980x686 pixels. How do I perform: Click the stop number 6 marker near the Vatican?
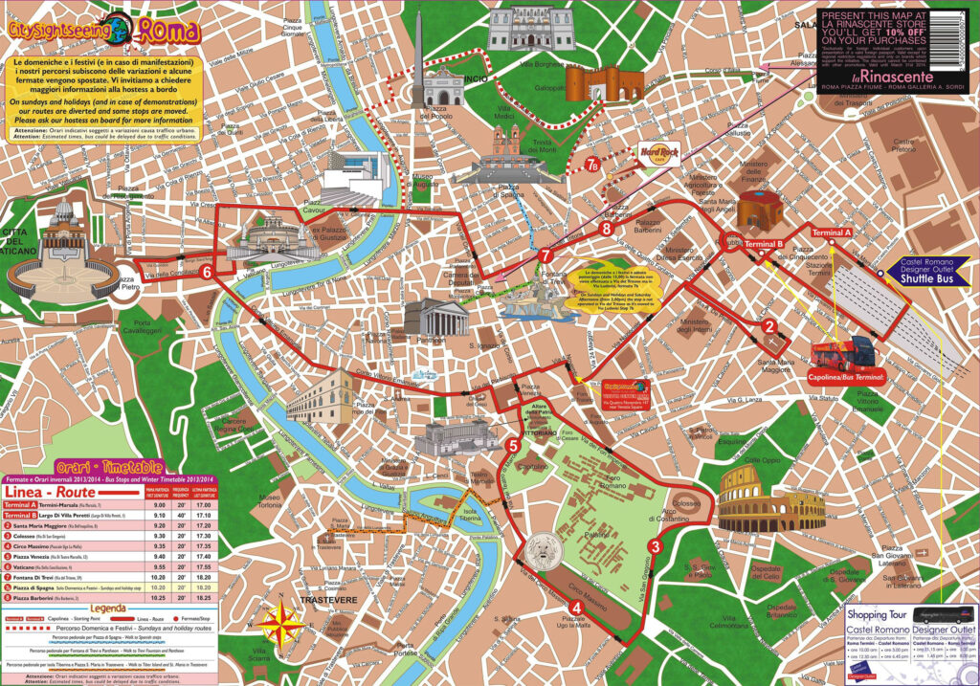[207, 272]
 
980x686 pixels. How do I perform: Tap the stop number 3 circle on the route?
[655, 546]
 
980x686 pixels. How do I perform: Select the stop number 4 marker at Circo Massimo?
[575, 607]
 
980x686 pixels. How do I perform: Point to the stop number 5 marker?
[513, 445]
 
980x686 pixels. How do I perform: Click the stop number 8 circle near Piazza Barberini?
[606, 229]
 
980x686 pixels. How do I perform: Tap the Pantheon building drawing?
[435, 318]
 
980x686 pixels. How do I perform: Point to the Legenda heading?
[107, 609]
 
